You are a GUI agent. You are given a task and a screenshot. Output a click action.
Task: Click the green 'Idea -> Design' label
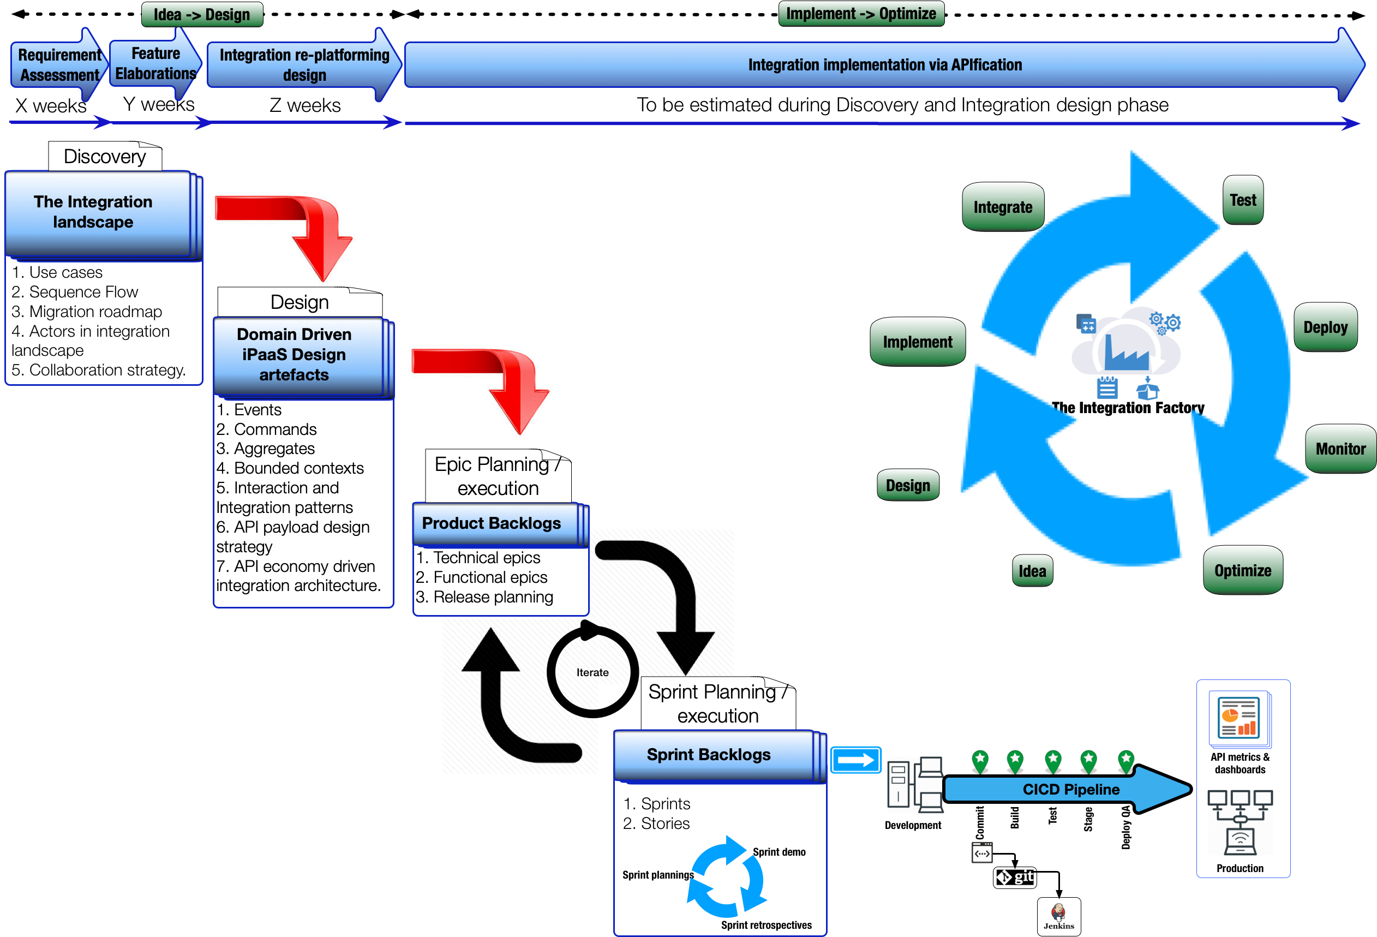tap(202, 15)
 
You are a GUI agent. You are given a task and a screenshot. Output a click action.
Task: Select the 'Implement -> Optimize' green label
tap(861, 14)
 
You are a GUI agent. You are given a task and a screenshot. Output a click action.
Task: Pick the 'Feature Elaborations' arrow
tap(155, 63)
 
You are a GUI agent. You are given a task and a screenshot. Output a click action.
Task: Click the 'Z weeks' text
tap(304, 105)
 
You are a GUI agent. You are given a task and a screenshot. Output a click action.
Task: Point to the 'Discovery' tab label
tap(105, 157)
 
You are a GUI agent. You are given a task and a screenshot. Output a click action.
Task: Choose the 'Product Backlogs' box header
tap(492, 523)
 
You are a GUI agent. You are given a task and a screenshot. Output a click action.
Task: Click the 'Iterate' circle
tap(592, 672)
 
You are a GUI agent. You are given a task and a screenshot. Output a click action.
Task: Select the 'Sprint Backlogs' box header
tap(709, 755)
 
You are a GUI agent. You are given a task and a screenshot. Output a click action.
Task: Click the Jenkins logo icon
tap(1059, 914)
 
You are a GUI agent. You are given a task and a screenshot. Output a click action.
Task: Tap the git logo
tap(1015, 877)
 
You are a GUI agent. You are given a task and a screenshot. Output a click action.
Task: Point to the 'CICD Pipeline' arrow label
tap(1071, 790)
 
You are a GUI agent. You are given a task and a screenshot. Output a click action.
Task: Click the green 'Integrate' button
tap(1003, 207)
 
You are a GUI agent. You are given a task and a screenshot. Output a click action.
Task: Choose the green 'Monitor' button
tap(1340, 449)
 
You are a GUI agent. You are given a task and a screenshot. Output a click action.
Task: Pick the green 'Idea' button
tap(1032, 571)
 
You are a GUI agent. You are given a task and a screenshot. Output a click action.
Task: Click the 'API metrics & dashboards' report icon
tap(1239, 718)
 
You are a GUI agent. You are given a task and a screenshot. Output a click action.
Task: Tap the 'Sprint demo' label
tap(779, 852)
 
